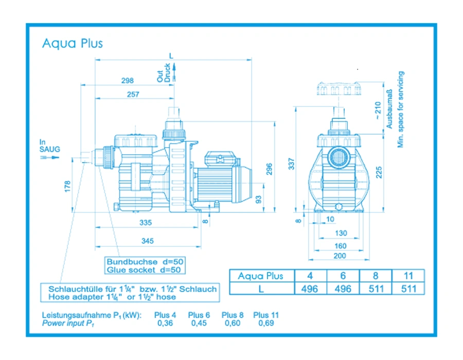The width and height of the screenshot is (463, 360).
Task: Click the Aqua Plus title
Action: [73, 43]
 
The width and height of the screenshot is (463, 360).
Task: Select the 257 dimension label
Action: [133, 94]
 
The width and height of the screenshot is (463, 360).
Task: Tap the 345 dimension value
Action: [147, 241]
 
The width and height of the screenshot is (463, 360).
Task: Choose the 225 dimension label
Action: [379, 172]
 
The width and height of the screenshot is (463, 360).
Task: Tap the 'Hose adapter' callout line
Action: [112, 297]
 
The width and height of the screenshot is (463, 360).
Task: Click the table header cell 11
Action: [408, 276]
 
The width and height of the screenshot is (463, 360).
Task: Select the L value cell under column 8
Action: [376, 289]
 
